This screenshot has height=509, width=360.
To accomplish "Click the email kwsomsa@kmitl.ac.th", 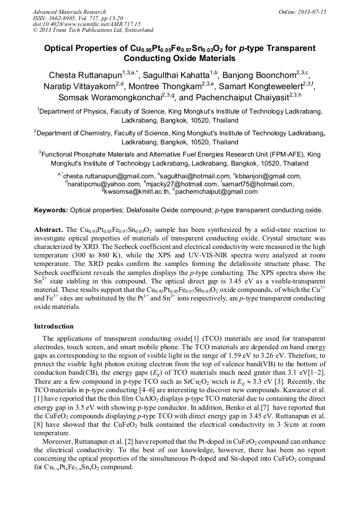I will (x=137, y=192).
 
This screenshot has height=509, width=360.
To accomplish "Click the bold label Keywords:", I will (x=51, y=210).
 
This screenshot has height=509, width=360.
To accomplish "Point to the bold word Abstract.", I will (x=48, y=230).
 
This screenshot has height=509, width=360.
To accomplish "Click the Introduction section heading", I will (x=54, y=326).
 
